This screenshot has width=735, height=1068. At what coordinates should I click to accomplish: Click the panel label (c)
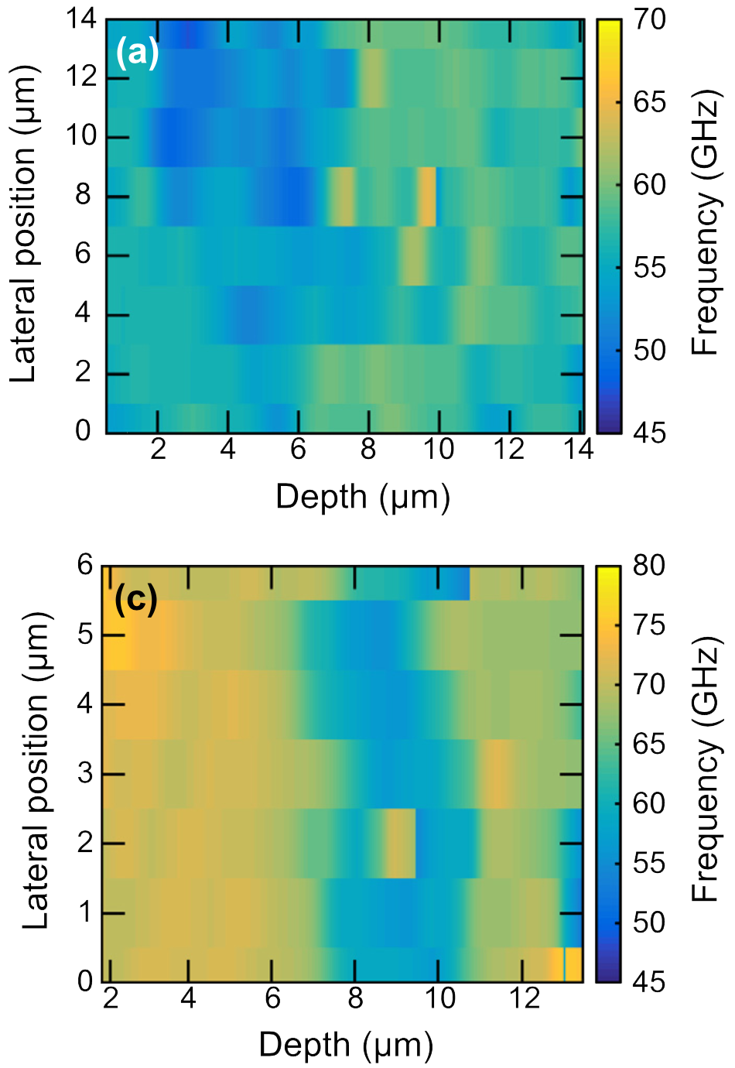tap(135, 598)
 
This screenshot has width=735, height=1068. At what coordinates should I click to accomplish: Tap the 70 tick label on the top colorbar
tap(649, 20)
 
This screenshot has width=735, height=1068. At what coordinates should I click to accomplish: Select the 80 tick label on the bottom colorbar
tap(649, 566)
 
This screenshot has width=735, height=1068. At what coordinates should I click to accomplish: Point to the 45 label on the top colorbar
tap(649, 433)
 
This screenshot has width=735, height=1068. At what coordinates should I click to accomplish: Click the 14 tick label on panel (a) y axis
tap(81, 19)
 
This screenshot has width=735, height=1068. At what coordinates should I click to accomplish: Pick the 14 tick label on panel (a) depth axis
tap(577, 449)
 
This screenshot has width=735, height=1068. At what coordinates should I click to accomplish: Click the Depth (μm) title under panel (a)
tap(362, 496)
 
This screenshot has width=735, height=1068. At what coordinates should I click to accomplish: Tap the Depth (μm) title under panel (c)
tap(345, 1045)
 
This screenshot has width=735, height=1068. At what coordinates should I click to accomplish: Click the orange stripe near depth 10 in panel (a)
tap(427, 197)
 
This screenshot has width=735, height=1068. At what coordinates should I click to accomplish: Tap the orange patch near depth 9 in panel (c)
tap(401, 843)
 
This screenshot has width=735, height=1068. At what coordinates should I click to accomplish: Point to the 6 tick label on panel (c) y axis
tap(84, 566)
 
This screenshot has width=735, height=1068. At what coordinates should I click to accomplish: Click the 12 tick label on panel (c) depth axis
tap(523, 998)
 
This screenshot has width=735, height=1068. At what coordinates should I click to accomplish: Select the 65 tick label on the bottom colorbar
tap(649, 744)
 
